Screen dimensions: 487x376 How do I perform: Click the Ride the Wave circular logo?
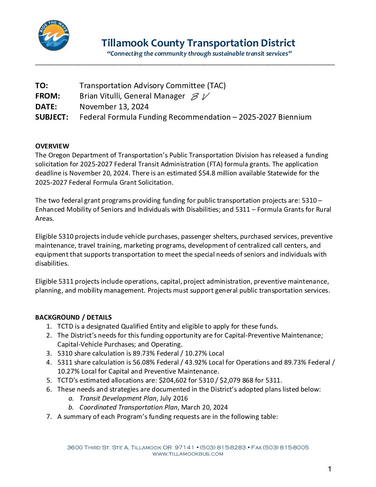point(54,35)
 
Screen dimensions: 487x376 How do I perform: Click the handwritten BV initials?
point(200,97)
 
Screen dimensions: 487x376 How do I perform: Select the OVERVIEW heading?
point(52,146)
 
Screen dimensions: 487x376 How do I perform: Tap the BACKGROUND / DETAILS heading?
point(73,317)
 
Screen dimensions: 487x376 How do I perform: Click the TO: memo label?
point(41,85)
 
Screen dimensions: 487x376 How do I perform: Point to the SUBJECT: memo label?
point(51,117)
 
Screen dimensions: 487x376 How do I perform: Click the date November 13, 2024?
point(114,107)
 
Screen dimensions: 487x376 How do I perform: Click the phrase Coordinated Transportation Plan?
point(128,407)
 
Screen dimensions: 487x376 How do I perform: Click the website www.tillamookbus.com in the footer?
point(188,454)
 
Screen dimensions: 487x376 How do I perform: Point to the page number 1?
point(329,469)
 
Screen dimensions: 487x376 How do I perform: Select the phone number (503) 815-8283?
point(223,447)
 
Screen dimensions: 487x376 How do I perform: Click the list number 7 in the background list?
point(49,416)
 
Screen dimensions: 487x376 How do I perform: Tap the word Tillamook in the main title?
point(125,43)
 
